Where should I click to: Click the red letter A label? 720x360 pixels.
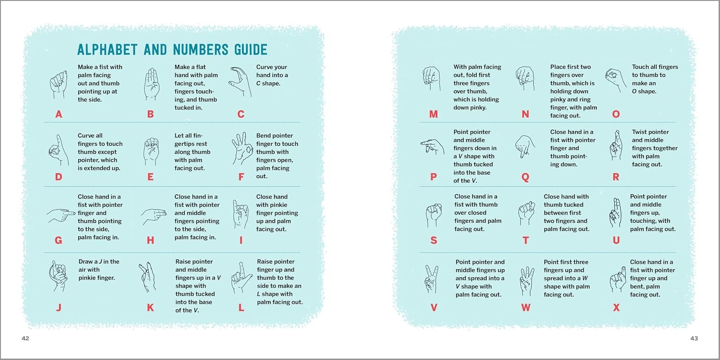pos(59,114)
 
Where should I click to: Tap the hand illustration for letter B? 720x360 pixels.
pos(152,84)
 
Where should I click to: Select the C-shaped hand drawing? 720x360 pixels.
pos(240,82)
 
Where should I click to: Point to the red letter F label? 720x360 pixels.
pos(241,177)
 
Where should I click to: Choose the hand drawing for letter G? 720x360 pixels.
pos(61,216)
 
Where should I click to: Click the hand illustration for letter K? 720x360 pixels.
pos(147,277)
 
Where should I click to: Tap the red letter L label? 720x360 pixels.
pos(241,308)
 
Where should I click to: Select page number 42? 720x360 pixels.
pos(25,338)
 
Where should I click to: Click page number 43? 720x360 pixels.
pos(694,338)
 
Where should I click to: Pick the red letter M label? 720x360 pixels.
pos(433,114)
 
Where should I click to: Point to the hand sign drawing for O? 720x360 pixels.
pos(615,80)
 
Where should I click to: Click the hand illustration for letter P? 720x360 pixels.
pos(432,147)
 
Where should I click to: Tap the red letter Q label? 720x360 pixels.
pos(525,177)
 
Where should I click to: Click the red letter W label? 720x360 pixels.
pos(526,308)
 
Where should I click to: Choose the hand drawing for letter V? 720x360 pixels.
pos(432,279)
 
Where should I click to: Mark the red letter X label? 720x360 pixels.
pos(616,308)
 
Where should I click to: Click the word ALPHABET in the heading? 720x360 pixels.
pos(108,50)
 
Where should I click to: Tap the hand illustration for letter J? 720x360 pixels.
pos(59,276)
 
